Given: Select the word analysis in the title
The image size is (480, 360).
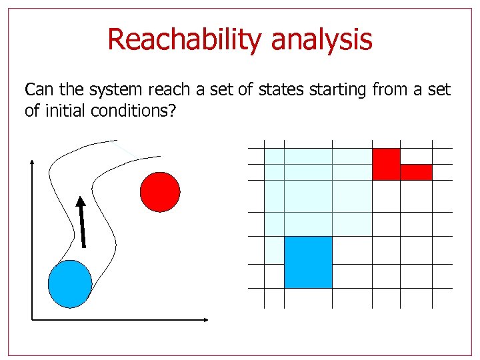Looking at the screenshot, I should tap(321, 40).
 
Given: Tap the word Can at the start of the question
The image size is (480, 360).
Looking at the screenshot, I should tap(37, 90).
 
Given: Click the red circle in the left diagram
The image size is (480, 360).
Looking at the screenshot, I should tap(160, 192).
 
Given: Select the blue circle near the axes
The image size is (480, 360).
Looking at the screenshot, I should tap(70, 283).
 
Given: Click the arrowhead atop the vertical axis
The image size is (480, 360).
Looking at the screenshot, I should tap(32, 163).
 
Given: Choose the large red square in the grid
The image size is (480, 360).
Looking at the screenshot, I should tap(385, 164).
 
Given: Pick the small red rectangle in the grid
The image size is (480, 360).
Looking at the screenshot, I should tap(416, 172).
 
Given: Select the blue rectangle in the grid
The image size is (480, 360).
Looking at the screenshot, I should tap(308, 262).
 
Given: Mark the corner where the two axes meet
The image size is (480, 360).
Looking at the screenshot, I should tap(32, 319).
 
